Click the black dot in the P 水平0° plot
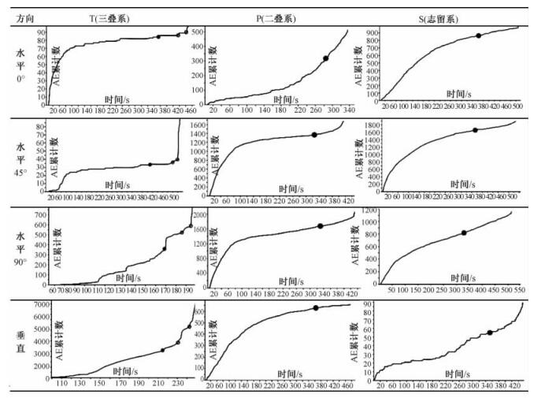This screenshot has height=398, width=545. pyautogui.click(x=325, y=59)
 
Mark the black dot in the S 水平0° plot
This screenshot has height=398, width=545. pyautogui.click(x=478, y=35)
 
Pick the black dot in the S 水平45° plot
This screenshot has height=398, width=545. pyautogui.click(x=475, y=130)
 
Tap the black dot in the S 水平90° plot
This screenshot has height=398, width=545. pyautogui.click(x=464, y=232)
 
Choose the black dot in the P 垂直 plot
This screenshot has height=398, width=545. pyautogui.click(x=316, y=308)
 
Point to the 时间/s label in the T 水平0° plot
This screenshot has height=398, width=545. pyautogui.click(x=121, y=99)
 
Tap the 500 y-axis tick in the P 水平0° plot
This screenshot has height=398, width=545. pyautogui.click(x=198, y=32)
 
